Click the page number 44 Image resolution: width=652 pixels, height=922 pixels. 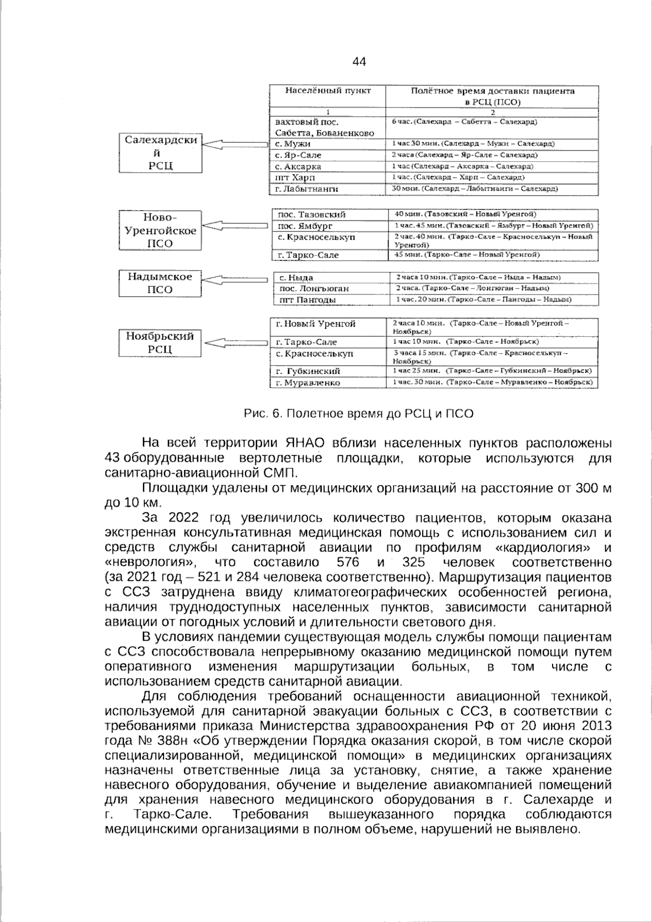coord(359,61)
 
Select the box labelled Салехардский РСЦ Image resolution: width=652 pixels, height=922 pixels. coord(160,153)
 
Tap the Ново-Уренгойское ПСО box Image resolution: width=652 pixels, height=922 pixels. coord(160,230)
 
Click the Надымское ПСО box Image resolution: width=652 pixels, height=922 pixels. coord(160,283)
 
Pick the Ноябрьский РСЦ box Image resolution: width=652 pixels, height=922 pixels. coord(160,342)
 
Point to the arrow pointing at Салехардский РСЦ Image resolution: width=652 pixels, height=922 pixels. coord(235,144)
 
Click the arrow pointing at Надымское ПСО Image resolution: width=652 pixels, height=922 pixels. coord(235,280)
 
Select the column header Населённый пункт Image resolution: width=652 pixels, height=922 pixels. coord(328,91)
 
